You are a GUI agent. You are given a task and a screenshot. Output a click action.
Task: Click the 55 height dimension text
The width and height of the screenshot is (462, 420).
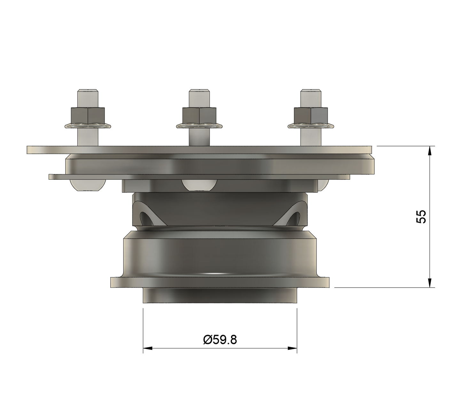pos(421,216)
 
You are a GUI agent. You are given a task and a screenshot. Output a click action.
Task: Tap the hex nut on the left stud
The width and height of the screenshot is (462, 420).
pos(88,116)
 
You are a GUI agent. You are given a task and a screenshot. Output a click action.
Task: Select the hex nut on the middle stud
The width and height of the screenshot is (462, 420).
pos(199,116)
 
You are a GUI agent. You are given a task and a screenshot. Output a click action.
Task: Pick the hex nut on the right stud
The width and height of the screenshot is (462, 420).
pos(311,116)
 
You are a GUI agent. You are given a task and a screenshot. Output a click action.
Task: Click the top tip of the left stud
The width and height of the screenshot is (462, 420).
pos(88,89)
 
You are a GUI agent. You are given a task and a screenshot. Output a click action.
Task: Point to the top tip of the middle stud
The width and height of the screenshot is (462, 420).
pos(199,89)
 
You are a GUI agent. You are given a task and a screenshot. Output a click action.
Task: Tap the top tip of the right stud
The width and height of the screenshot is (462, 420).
pos(311,89)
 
